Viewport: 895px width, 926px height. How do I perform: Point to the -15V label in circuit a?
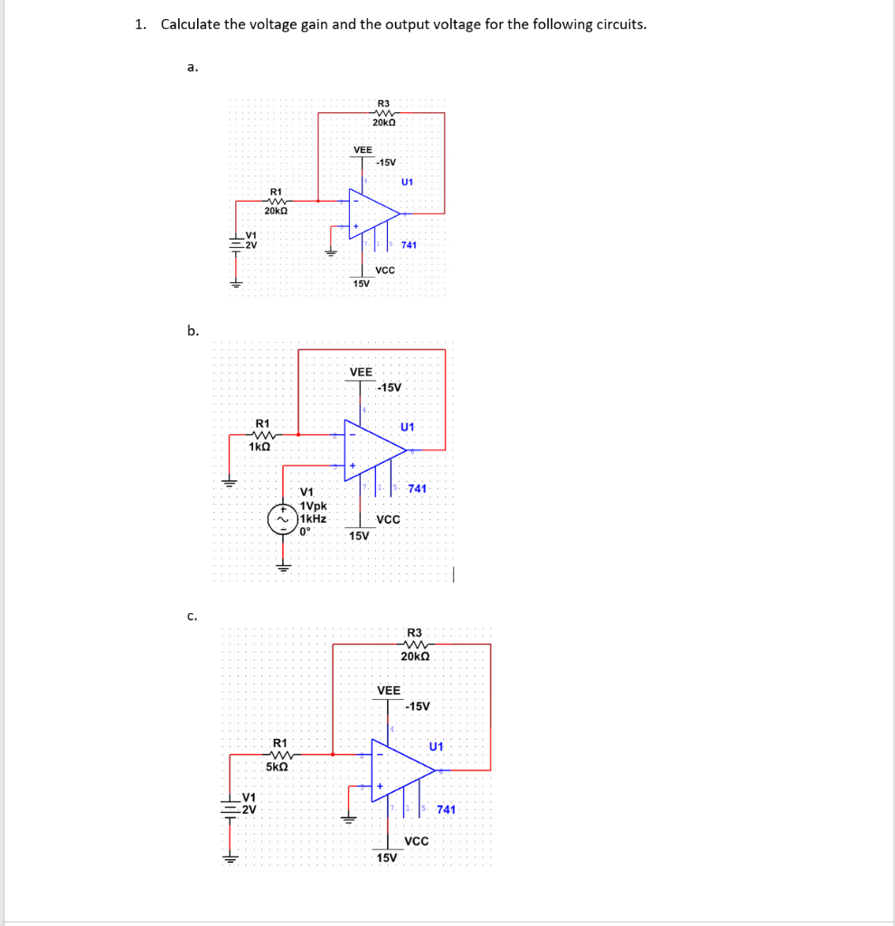coord(386,162)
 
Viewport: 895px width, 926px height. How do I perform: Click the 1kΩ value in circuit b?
coord(260,447)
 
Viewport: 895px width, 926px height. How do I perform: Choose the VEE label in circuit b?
coord(361,372)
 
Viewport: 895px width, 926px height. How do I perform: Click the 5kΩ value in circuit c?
coord(278,766)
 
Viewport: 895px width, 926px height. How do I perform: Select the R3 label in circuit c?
coord(415,632)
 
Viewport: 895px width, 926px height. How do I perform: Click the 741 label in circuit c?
coord(446,809)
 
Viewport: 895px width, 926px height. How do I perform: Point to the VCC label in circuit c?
coord(417,841)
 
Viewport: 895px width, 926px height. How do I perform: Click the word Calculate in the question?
coord(191,24)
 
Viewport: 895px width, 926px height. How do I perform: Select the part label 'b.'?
coord(193,331)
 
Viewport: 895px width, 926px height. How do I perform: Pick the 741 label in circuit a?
coord(409,245)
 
